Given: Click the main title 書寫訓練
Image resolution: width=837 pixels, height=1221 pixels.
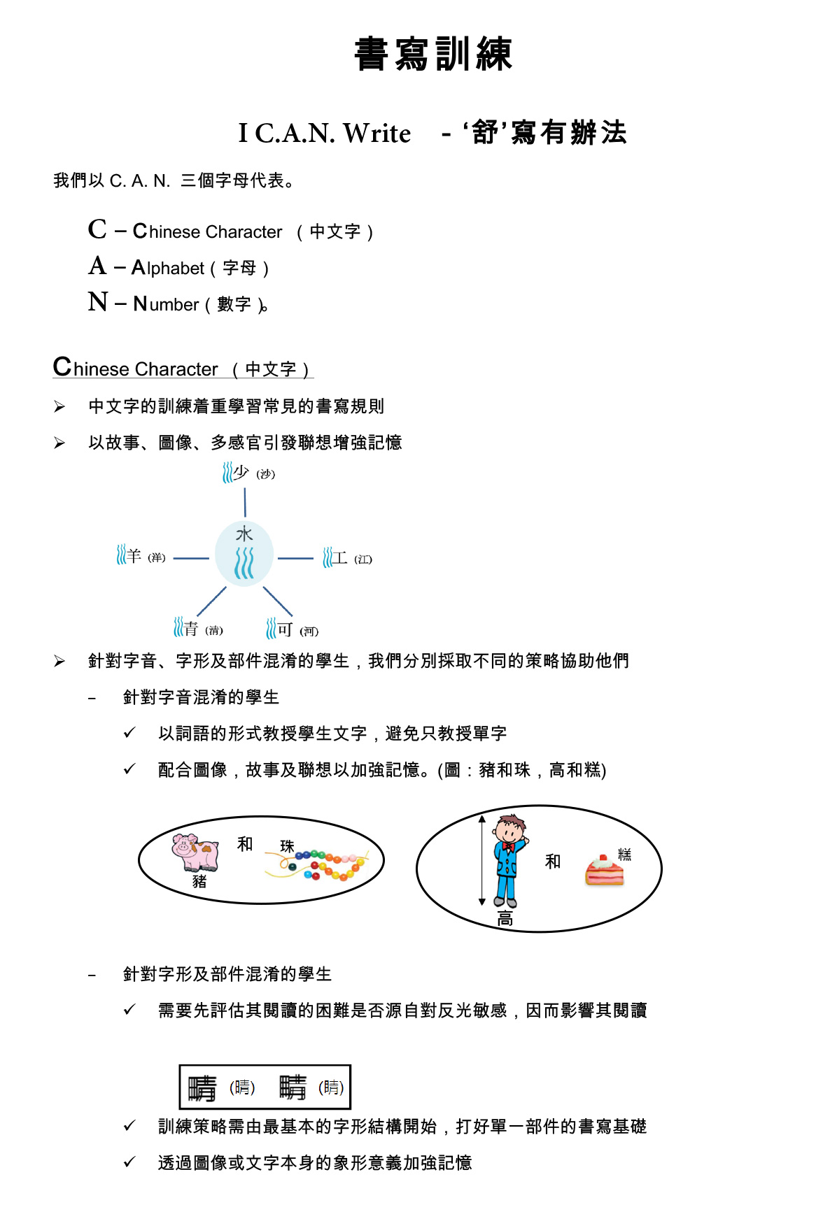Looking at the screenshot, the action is [433, 54].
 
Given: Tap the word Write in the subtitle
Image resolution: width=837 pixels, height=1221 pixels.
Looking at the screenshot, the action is [377, 133].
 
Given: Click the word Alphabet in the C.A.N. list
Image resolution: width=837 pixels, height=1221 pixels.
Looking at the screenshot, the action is [168, 268].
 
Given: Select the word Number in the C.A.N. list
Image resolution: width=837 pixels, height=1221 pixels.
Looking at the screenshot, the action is [167, 304].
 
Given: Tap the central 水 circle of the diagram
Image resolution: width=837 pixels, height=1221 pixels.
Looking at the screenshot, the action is [244, 553].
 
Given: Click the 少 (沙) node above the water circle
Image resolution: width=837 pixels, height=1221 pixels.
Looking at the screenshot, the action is [248, 473].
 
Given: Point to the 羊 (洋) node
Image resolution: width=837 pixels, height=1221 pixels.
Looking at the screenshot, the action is [141, 556].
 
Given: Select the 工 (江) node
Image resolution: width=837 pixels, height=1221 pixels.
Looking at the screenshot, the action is [347, 558].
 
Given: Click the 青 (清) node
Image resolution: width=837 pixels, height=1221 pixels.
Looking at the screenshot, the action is [198, 628].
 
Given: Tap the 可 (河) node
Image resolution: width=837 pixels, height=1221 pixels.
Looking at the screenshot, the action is [292, 629].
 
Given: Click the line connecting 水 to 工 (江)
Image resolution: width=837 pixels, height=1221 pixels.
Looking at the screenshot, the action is [295, 558].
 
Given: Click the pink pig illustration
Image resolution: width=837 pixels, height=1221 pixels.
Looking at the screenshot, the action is [196, 852].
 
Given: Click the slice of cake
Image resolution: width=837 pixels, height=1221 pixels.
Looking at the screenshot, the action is [604, 870].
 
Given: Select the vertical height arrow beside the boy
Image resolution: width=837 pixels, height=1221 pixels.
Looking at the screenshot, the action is [481, 860].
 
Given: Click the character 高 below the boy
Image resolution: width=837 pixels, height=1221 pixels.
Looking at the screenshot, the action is [505, 919].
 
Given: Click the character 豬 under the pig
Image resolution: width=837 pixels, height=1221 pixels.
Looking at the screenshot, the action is [199, 881].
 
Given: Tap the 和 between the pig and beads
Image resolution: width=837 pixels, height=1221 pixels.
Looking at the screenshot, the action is [245, 844].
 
